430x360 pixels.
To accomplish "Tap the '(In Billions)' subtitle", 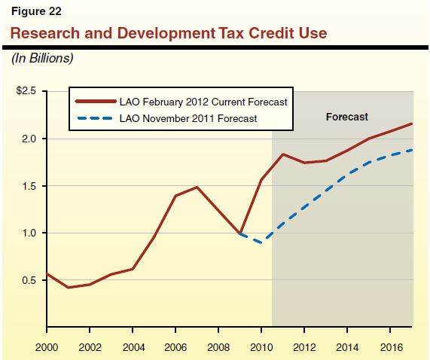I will pyautogui.click(x=41, y=58).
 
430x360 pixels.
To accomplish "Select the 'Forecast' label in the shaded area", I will pyautogui.click(x=346, y=117).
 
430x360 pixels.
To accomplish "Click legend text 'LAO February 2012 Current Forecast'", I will pyautogui.click(x=203, y=101).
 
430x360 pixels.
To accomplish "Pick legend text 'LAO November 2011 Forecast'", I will pyautogui.click(x=188, y=118).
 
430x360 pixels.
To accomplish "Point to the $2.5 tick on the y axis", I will pyautogui.click(x=27, y=91).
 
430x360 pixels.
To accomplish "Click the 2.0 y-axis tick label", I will pyautogui.click(x=30, y=139).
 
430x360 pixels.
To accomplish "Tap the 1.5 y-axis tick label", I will pyautogui.click(x=30, y=186).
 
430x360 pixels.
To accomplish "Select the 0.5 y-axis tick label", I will pyautogui.click(x=30, y=280).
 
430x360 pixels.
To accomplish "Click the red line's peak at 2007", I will pyautogui.click(x=197, y=187).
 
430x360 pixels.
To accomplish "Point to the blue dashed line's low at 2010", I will pyautogui.click(x=261, y=243).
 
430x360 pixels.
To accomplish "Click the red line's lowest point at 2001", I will pyautogui.click(x=68, y=288).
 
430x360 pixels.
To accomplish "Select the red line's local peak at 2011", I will pyautogui.click(x=282, y=154).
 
